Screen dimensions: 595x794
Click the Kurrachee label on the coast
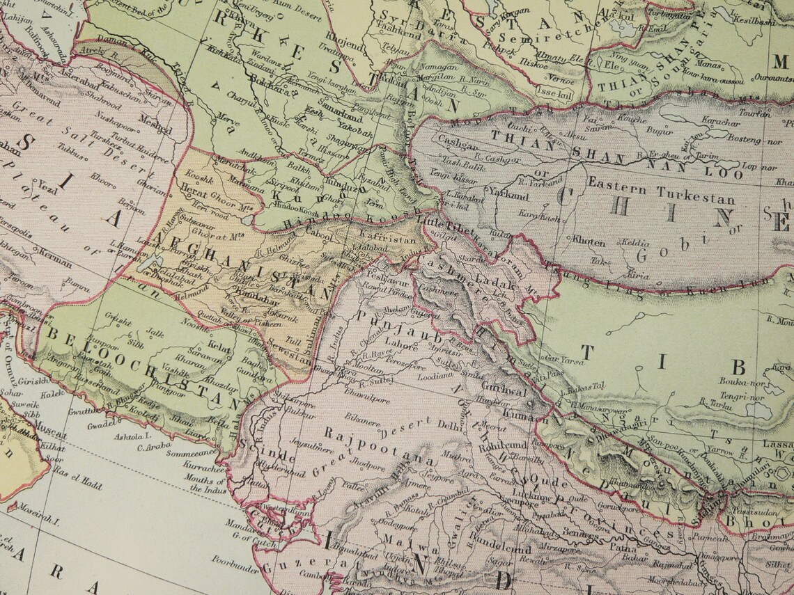tap(205, 468)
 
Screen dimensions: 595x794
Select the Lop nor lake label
tap(758, 167)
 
